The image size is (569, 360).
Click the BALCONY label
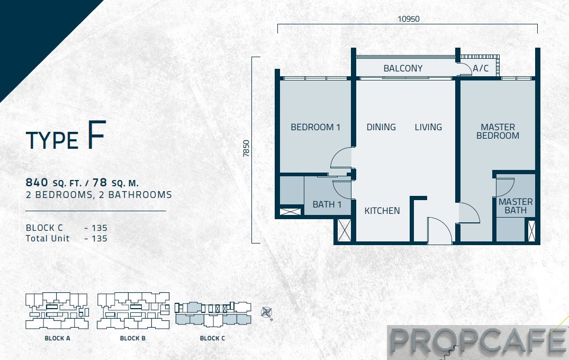403,68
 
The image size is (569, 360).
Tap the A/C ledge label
481,68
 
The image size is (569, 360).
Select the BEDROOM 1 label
315,127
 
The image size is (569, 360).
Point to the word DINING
381,127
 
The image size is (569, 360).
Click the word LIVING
428,127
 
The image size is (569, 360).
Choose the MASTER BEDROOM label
498,131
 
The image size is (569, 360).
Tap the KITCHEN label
382,211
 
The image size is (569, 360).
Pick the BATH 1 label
327,204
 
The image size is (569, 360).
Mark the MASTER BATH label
516,206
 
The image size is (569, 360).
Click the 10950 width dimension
409,19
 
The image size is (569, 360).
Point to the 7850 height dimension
247,148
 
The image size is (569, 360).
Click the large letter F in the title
96,135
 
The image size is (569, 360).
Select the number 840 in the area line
37,182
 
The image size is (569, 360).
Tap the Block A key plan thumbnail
57,311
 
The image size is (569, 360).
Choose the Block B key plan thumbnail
133,311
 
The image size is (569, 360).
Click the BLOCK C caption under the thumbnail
212,338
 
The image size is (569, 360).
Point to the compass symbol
267,312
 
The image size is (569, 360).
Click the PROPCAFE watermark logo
477,342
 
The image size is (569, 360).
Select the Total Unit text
48,238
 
